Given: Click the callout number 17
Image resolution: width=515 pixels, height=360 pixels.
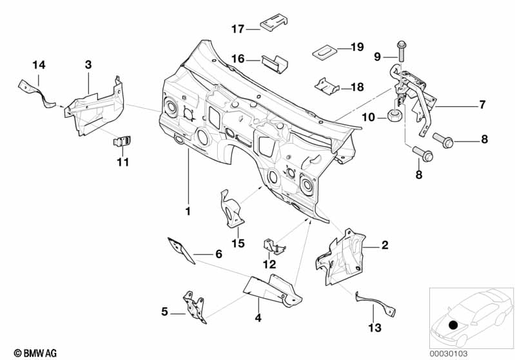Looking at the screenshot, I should click(x=238, y=28).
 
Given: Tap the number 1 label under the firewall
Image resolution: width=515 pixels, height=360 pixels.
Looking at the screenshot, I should click(x=188, y=211).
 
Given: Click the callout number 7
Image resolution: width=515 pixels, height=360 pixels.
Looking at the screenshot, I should click(x=481, y=104).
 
